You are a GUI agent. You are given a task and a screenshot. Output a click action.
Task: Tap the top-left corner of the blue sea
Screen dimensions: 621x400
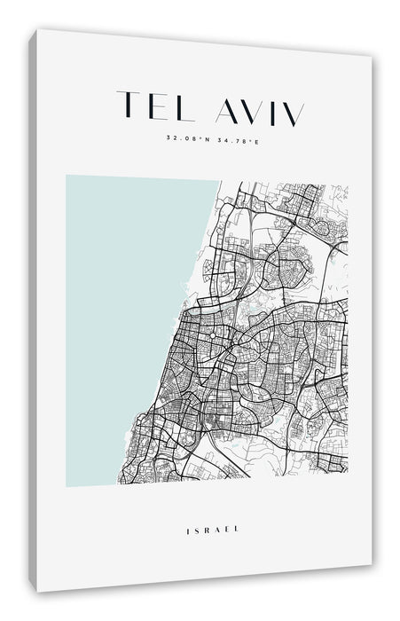pyautogui.click(x=67, y=177)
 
